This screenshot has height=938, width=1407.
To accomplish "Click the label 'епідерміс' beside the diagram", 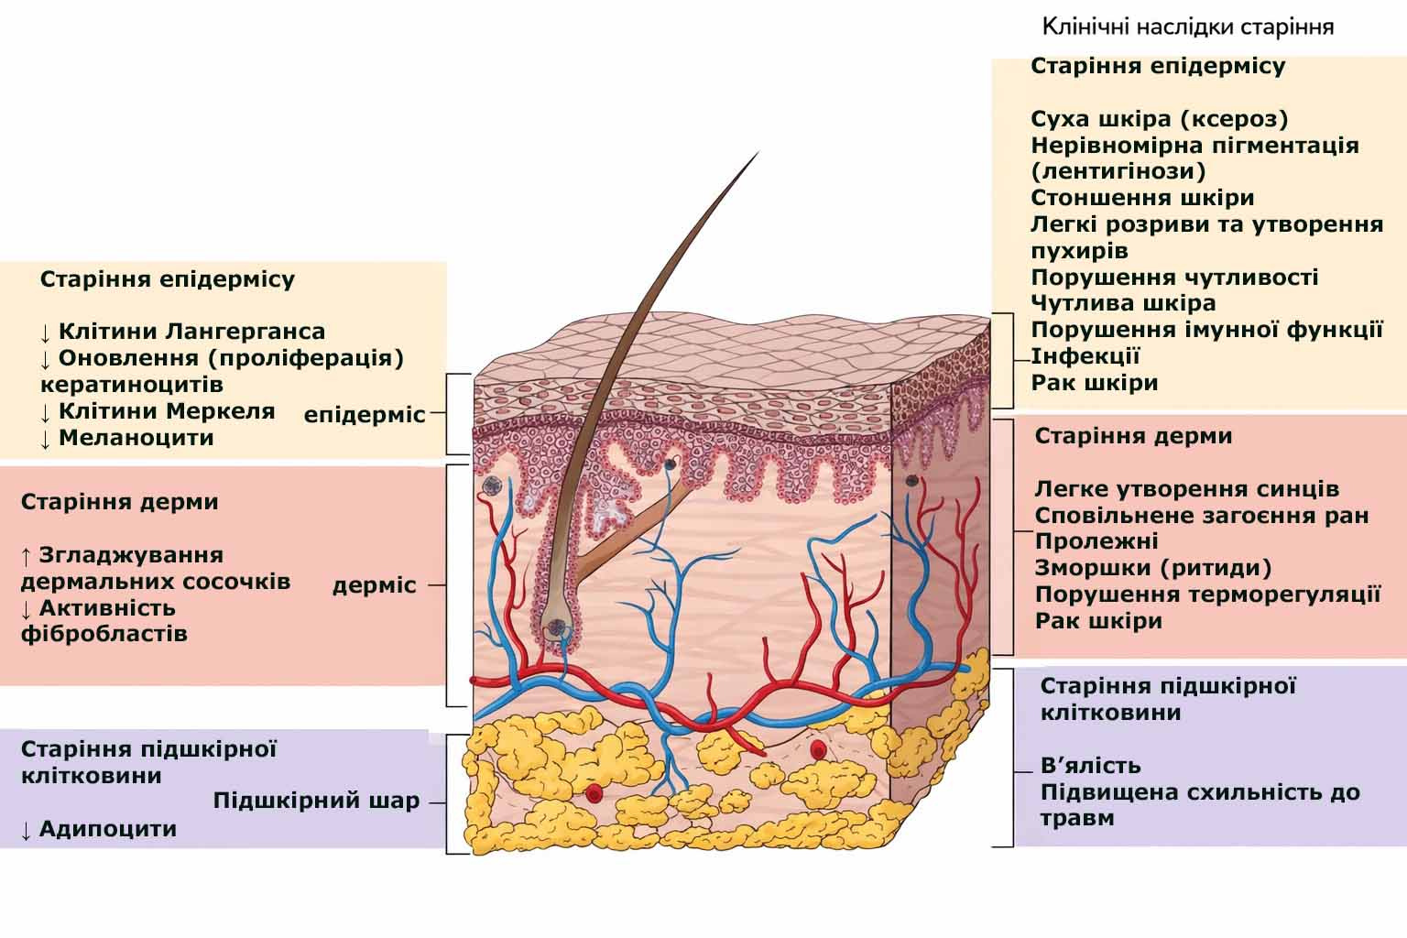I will (365, 415).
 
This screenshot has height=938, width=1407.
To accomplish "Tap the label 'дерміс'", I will (374, 585).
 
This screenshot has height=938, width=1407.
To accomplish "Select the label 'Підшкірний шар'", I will (316, 802).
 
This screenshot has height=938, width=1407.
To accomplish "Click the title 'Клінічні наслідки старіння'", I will (1187, 27).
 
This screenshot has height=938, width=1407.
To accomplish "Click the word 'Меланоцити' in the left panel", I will (136, 438).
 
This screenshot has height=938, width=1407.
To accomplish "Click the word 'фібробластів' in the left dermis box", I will (104, 634).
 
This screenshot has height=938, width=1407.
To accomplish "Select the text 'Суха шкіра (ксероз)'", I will (1160, 119).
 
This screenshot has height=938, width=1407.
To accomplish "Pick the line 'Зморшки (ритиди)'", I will (1153, 568).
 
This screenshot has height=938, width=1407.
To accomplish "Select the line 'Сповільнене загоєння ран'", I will (1202, 516).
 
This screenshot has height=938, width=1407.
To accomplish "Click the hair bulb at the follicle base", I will (556, 627).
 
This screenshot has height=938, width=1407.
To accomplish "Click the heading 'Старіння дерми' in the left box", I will (119, 502).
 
